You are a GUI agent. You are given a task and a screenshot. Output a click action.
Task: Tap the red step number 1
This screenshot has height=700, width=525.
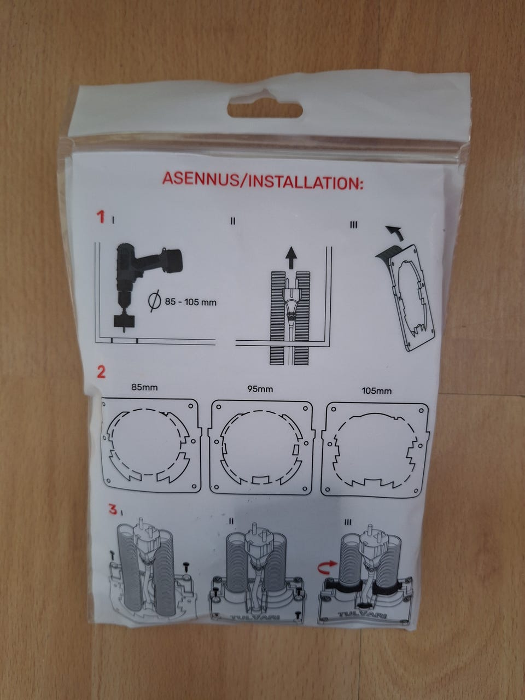(101, 217)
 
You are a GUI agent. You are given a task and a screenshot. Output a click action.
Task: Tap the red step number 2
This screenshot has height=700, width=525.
(101, 372)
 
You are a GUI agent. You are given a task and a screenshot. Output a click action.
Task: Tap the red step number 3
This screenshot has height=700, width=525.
(113, 509)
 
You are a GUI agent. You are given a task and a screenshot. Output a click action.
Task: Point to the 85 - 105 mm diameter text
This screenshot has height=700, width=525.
(191, 302)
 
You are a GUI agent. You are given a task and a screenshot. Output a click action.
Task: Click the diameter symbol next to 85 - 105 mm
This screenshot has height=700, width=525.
(155, 301)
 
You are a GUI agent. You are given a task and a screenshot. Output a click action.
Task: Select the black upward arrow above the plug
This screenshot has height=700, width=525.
(290, 256)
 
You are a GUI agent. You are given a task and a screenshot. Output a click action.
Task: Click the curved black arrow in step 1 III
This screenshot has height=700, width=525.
(394, 232)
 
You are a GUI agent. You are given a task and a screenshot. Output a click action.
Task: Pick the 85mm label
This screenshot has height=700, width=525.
(144, 388)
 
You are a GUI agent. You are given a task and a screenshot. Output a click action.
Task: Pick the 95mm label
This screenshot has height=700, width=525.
(260, 389)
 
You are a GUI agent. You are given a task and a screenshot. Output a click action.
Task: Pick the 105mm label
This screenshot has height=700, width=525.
(376, 391)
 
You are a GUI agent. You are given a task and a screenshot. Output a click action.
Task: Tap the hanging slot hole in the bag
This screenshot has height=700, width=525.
(265, 110)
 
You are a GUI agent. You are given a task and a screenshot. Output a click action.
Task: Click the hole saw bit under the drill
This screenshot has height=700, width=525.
(124, 322)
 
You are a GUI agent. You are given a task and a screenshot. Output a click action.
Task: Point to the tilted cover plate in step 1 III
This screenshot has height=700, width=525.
(413, 298)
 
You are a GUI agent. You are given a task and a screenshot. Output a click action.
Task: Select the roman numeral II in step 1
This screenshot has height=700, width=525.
(233, 221)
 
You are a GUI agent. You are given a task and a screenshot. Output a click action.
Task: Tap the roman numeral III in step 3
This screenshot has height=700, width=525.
(348, 522)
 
